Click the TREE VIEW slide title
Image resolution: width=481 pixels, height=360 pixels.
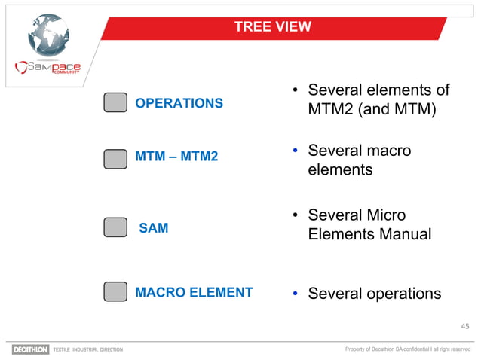272,28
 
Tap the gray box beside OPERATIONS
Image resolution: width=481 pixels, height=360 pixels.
115,103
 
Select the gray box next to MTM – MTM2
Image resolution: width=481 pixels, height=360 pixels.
115,158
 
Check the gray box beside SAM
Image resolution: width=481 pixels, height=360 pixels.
115,228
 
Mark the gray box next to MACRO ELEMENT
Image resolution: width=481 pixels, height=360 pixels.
115,292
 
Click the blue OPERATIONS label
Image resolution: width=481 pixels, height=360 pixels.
179,103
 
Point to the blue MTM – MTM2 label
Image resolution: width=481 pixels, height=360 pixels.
176,157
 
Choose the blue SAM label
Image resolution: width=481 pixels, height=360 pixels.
154,228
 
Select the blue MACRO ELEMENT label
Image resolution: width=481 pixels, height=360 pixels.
194,292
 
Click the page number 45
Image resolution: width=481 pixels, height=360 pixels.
464,326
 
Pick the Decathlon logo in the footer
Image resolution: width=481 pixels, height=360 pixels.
30,349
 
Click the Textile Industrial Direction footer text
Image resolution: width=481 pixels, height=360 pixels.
87,349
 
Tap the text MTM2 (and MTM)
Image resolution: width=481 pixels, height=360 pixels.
372,111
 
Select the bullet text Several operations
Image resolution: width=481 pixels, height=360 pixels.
374,293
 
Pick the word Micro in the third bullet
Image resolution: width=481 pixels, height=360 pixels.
385,215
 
